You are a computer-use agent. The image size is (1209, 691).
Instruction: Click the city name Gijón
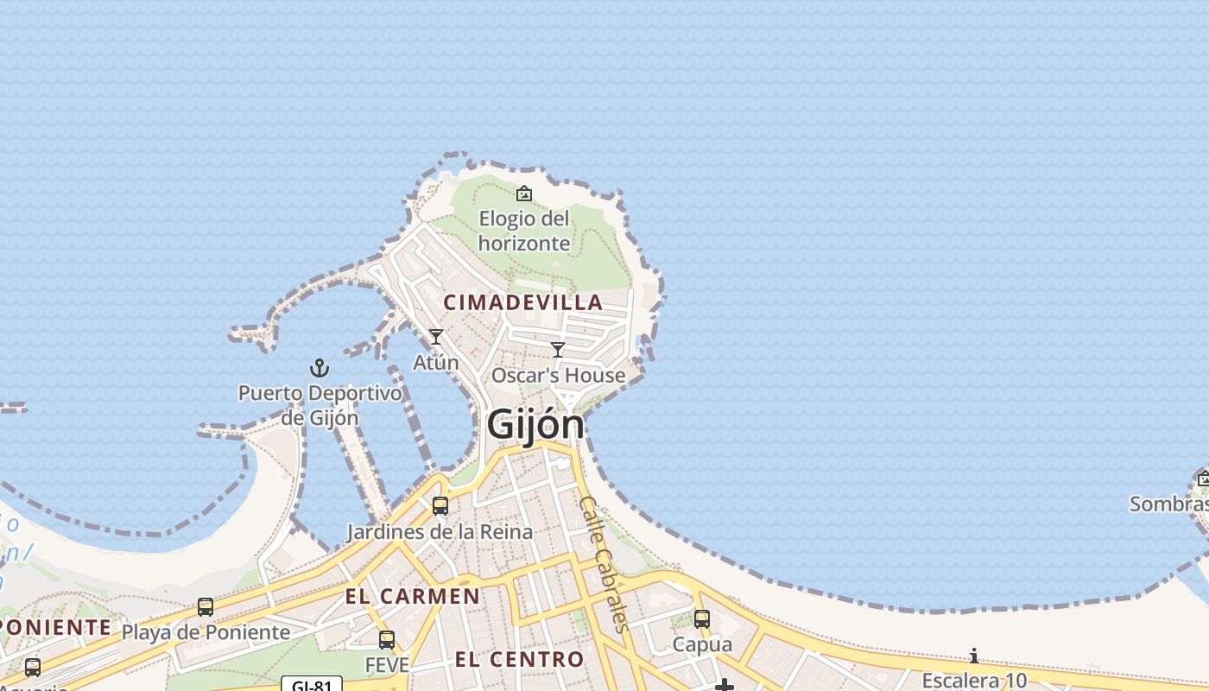535,424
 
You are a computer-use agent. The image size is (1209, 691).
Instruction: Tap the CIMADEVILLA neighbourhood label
523,302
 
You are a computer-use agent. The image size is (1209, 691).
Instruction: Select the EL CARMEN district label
413,596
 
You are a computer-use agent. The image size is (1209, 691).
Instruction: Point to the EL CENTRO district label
520,660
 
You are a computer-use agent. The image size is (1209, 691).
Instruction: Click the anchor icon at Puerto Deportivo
320,368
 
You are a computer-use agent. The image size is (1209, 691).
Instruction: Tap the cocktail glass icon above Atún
436,337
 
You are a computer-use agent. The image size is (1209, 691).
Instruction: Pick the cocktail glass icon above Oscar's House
558,350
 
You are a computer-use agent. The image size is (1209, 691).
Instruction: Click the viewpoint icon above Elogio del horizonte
524,193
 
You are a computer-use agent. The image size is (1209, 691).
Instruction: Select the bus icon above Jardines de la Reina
440,506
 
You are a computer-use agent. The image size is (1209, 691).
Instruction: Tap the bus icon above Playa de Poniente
206,607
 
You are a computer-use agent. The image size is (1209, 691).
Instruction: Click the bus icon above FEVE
387,640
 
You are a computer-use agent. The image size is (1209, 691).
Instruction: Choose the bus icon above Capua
702,619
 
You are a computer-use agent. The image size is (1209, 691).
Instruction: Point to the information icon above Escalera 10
974,656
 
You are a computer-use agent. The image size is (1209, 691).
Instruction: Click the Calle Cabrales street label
604,563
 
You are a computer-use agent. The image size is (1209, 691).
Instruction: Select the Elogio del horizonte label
524,231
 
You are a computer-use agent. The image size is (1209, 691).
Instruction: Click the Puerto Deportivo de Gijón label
320,405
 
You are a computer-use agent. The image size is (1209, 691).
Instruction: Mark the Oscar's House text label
558,376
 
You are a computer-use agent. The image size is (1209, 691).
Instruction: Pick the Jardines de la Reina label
440,531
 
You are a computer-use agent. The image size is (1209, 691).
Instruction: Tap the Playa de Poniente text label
206,632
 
